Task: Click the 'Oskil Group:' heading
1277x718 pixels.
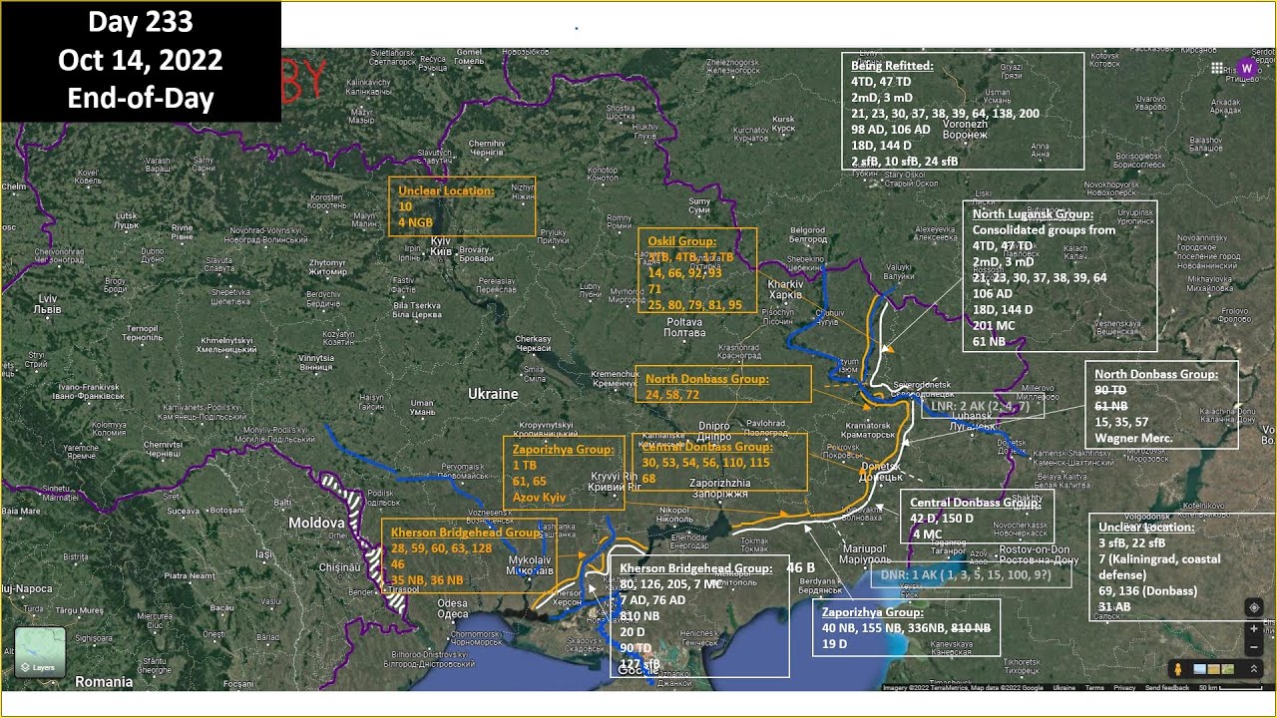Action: [681, 241]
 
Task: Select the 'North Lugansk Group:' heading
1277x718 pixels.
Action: [1033, 213]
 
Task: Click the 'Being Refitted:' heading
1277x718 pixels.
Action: [892, 66]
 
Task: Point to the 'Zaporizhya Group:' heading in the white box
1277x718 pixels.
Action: [873, 611]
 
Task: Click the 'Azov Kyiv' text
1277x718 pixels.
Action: [539, 496]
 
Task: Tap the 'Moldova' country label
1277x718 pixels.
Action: [316, 523]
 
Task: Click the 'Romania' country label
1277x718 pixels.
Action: [104, 682]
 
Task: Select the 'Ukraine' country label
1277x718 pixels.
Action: [493, 394]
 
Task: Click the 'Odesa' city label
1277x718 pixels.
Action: [452, 602]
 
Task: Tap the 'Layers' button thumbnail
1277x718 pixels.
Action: [40, 651]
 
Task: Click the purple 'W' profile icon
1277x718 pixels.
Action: [1246, 68]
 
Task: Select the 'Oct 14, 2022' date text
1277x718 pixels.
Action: [140, 61]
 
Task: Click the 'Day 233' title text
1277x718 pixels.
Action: [140, 23]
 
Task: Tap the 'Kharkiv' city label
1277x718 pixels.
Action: [785, 283]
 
